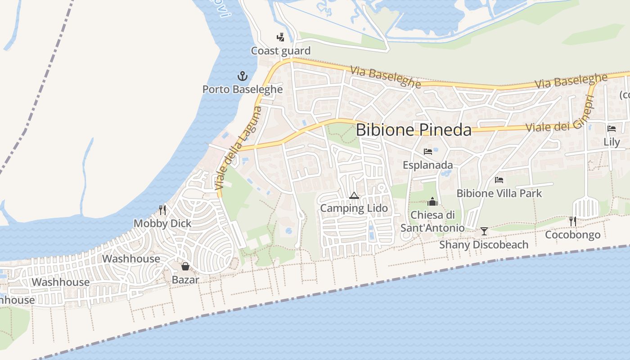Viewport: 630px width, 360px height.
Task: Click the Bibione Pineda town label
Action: coord(414,130)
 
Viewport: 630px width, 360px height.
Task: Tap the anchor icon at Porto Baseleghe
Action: coord(243,76)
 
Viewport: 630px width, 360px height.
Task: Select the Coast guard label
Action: coord(281,51)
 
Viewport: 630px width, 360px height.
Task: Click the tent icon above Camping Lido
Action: coord(354,195)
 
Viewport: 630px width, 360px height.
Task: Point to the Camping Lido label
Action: coord(354,208)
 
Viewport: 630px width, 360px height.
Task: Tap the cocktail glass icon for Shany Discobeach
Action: coord(484,231)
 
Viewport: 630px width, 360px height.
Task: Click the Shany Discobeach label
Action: coord(484,245)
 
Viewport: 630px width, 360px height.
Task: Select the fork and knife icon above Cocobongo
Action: coord(572,221)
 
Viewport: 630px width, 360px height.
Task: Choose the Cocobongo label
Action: coord(572,235)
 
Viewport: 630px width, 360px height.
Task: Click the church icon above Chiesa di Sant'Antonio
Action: coord(432,201)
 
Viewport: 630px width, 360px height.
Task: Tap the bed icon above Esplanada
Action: coord(427,152)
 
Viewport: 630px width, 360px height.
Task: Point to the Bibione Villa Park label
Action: coord(499,193)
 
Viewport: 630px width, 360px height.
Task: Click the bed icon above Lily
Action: coord(612,128)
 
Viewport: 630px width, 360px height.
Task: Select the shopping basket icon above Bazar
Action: coord(185,266)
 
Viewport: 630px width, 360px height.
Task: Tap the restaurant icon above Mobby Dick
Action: coord(162,210)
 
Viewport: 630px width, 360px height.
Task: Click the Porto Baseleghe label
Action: coord(243,89)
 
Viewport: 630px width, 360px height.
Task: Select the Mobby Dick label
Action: coord(162,223)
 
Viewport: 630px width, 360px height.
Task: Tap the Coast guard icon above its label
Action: coord(280,37)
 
